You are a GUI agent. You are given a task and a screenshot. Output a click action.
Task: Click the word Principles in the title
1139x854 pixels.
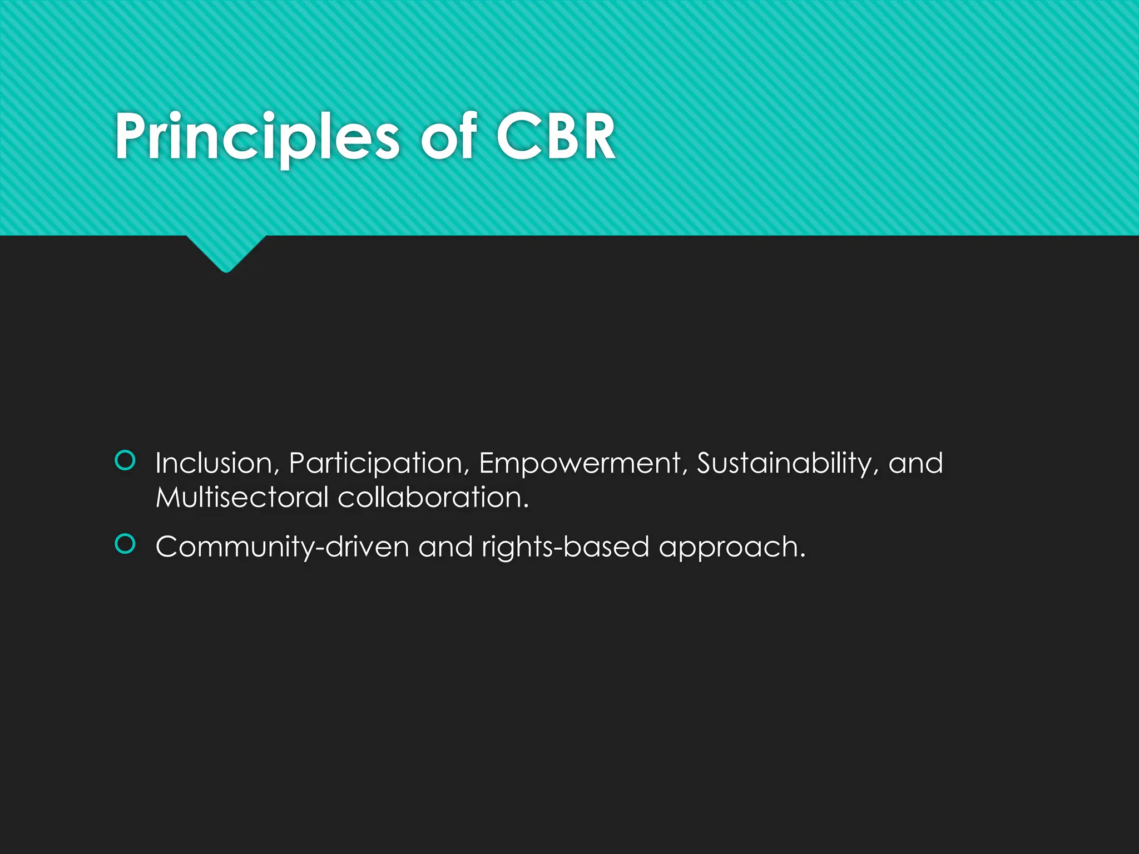[x=256, y=137]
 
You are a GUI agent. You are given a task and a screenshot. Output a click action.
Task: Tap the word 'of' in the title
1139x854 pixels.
[x=448, y=137]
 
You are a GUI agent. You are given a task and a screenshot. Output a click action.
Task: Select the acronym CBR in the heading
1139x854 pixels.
[x=556, y=137]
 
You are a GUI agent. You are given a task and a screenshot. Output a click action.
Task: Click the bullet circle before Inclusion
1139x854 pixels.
[x=125, y=461]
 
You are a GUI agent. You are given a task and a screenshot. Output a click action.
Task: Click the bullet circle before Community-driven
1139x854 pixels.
[x=125, y=544]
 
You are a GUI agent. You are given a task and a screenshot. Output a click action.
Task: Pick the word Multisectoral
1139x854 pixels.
[x=242, y=497]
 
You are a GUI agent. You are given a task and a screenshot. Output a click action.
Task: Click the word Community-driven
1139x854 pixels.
[x=283, y=547]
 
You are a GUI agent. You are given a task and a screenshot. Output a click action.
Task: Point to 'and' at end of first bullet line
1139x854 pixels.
[x=915, y=463]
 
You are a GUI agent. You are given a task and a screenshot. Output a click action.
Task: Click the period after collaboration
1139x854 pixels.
[x=526, y=507]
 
